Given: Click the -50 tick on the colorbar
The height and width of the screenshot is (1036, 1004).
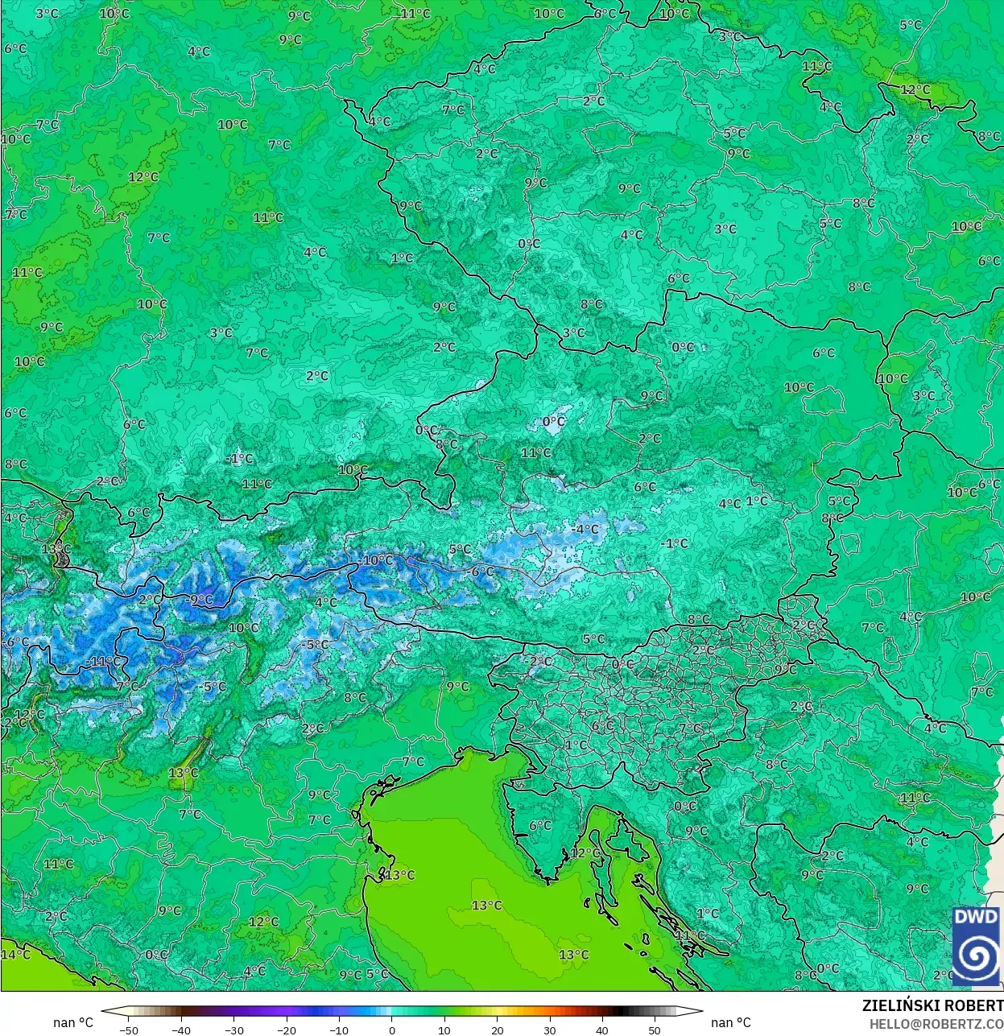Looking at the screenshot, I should pyautogui.click(x=128, y=1030).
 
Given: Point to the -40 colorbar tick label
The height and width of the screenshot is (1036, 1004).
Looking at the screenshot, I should pyautogui.click(x=181, y=1030).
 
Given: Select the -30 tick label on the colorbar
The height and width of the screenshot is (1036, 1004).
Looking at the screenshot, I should pyautogui.click(x=233, y=1030).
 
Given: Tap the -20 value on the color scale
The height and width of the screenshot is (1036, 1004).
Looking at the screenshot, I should pyautogui.click(x=287, y=1030).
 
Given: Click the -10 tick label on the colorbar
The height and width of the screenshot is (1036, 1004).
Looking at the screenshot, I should pyautogui.click(x=339, y=1030).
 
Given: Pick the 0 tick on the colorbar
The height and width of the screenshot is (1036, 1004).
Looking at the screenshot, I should pyautogui.click(x=392, y=1030).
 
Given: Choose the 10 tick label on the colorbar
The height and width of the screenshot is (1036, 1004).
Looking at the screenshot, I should pyautogui.click(x=444, y=1030).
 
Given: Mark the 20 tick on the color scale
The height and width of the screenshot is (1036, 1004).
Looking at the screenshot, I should pyautogui.click(x=497, y=1030).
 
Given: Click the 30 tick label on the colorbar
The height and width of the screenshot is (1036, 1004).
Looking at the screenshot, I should pyautogui.click(x=550, y=1030).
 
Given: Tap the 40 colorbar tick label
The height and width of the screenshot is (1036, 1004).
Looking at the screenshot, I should pyautogui.click(x=602, y=1030).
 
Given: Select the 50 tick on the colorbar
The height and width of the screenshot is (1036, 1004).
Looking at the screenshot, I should pyautogui.click(x=655, y=1030).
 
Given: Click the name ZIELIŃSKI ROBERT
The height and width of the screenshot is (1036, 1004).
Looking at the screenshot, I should pyautogui.click(x=932, y=1005).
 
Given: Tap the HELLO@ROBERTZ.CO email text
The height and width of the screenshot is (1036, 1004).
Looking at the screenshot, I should pyautogui.click(x=936, y=1023).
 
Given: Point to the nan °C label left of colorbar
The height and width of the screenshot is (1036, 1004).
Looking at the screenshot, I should pyautogui.click(x=73, y=1022).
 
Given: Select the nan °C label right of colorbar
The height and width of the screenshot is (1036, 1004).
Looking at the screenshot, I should pyautogui.click(x=730, y=1022).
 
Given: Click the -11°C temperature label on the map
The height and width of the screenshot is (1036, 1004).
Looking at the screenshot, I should pyautogui.click(x=102, y=662).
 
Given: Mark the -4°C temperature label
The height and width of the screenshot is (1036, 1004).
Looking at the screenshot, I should pyautogui.click(x=585, y=530).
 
